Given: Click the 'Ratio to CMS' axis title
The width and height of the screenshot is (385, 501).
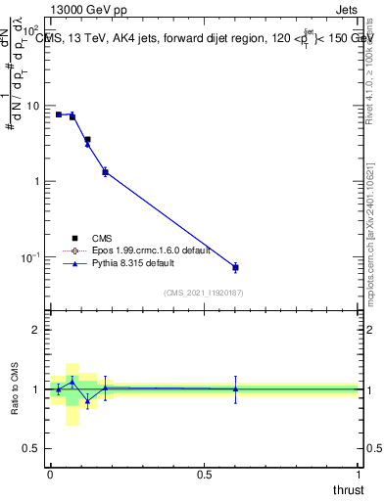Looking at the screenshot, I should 15,388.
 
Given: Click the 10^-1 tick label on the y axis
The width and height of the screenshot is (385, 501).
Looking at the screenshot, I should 32,257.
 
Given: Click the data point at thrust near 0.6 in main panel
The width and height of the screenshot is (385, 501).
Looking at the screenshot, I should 235,267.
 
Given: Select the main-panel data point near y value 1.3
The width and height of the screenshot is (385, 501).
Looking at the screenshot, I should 105,172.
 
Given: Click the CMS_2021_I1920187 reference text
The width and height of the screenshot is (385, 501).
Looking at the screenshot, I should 204,293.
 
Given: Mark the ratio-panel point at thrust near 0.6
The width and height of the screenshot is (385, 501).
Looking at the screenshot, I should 235,388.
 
